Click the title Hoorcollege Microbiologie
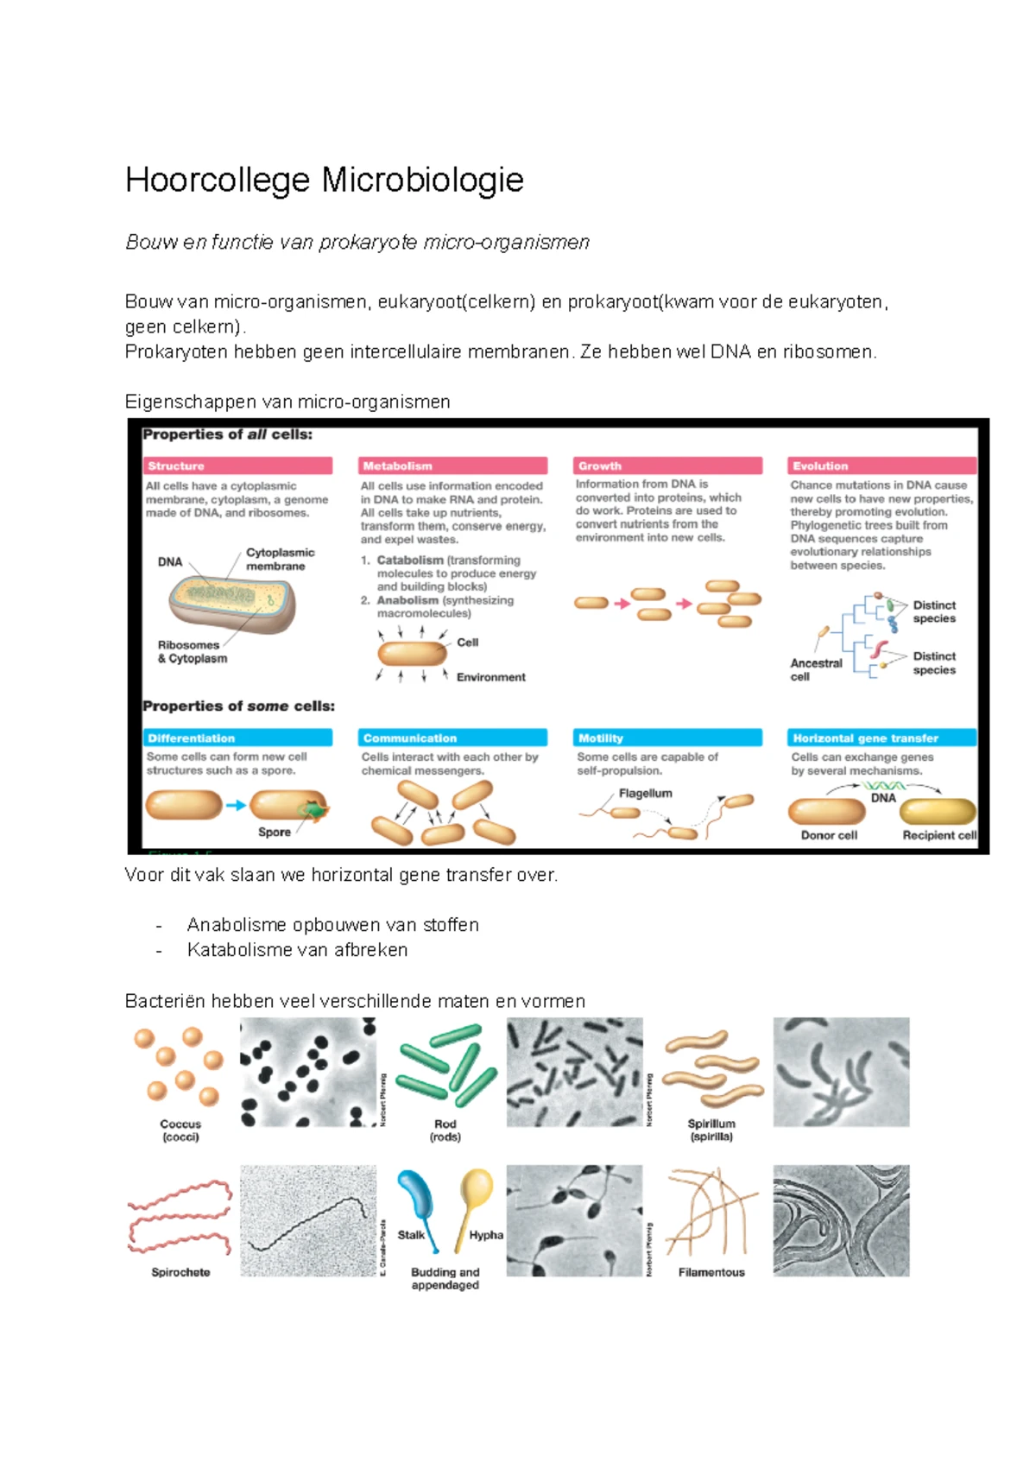[325, 180]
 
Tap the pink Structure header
[238, 465]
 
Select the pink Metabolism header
[452, 465]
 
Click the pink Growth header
[667, 465]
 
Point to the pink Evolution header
[881, 465]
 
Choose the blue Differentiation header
[238, 738]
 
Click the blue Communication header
[452, 738]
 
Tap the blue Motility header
[667, 738]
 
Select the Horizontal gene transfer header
[881, 738]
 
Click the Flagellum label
[645, 793]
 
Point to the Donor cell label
[829, 835]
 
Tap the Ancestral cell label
[815, 669]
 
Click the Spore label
[275, 832]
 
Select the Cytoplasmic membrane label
[280, 559]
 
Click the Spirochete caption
[180, 1272]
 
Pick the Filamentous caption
[711, 1272]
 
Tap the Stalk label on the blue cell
[410, 1235]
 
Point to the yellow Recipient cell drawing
[938, 812]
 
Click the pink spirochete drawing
[180, 1218]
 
